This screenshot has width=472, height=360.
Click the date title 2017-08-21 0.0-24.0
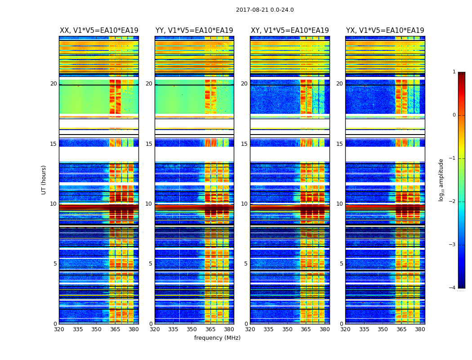(265, 10)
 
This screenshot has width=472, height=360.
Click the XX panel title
(99, 31)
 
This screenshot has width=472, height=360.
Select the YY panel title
(194, 31)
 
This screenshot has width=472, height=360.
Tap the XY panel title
(290, 31)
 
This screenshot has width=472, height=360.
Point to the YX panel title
(385, 31)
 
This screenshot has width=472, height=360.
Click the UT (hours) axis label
(44, 180)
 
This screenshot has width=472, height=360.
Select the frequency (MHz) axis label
(217, 338)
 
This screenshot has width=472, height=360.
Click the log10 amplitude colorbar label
(441, 180)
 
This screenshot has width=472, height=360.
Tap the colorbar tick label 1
(454, 72)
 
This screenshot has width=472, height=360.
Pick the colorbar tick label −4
(453, 288)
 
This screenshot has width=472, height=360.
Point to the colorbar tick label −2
(453, 202)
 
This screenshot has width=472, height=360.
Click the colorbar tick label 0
(454, 115)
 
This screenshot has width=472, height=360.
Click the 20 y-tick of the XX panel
(53, 84)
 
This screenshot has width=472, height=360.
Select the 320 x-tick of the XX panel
(59, 329)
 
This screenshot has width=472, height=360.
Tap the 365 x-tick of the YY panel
(211, 329)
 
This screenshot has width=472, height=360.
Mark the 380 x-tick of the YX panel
(420, 329)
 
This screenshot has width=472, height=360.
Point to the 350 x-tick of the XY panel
(287, 329)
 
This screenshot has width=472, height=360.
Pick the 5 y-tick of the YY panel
(150, 264)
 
